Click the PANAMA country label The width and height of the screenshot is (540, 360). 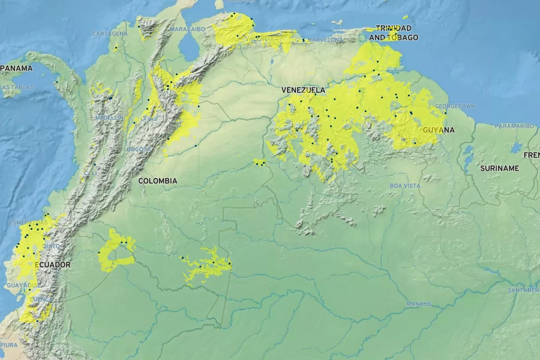16,68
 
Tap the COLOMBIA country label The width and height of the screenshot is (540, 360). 158,181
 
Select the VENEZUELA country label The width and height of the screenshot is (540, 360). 303,90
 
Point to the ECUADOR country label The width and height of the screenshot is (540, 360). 52,265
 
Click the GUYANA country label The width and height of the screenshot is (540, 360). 439,130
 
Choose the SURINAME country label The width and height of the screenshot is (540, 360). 499,169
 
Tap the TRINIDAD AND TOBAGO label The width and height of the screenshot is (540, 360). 394,33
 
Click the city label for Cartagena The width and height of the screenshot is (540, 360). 110,34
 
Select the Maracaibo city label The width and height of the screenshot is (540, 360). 187,29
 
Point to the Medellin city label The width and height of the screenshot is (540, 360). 109,118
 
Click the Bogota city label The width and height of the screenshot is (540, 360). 134,149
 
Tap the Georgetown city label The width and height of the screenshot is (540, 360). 455,106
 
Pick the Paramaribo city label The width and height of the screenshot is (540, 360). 514,126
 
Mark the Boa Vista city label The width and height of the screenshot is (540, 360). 405,186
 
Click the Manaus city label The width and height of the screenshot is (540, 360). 418,304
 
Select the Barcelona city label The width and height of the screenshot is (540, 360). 325,40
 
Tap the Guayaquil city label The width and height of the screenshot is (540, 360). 23,284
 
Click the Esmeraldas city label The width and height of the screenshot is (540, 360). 28,223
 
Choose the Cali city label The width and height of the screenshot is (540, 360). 90,173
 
